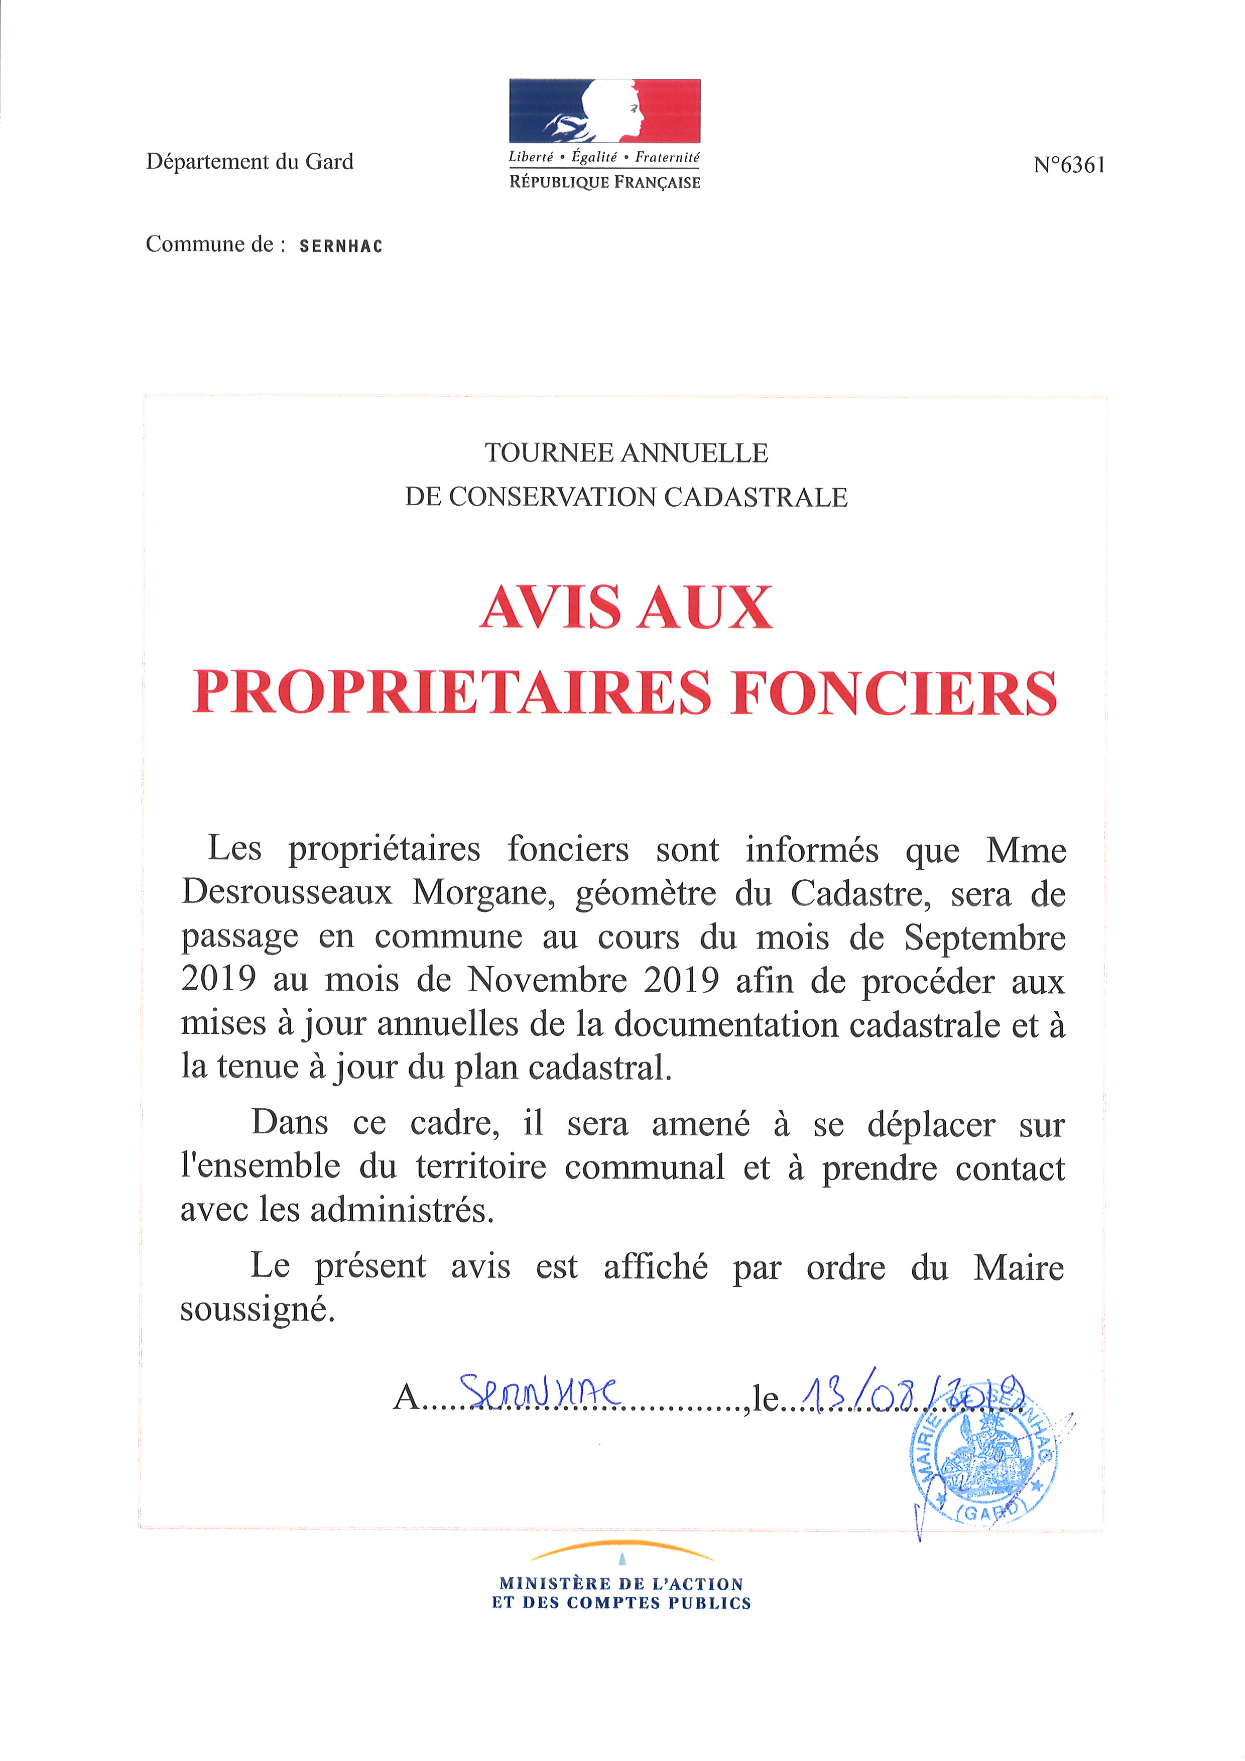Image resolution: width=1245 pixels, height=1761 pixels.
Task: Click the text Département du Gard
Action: coord(250,162)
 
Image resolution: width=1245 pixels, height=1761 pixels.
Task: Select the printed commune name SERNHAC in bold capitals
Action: coord(341,246)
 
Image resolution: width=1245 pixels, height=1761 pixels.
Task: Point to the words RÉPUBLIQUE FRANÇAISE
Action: coord(605,183)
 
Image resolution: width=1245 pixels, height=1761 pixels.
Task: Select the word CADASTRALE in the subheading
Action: coord(756,497)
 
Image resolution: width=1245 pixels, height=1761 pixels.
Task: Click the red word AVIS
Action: coord(550,608)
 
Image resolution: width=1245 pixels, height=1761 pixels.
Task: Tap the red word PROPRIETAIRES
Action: coord(451,692)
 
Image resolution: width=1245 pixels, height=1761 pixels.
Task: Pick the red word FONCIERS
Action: coord(894,692)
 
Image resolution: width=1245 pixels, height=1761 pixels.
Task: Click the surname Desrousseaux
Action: coord(287,893)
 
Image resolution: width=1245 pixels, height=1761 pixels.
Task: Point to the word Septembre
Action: coord(984,937)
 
